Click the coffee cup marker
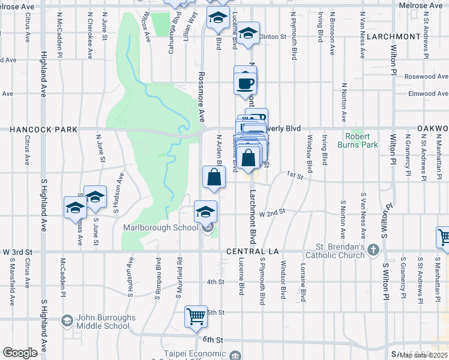[245, 83]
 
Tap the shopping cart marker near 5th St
[196, 316]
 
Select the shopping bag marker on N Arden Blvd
[214, 177]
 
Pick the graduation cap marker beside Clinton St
[247, 34]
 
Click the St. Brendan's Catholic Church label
[340, 251]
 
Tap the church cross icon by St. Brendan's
[373, 249]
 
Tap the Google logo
[20, 353]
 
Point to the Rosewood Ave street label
[426, 77]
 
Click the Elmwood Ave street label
[427, 94]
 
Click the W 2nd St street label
[270, 212]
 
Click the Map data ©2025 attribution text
[424, 355]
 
